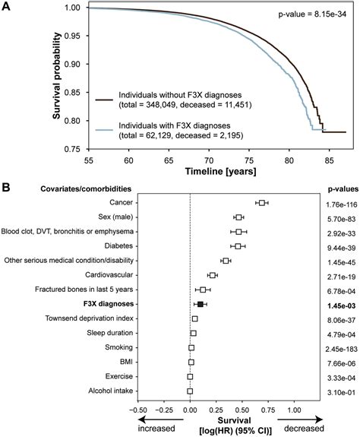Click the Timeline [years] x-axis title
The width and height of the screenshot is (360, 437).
tap(204, 174)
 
